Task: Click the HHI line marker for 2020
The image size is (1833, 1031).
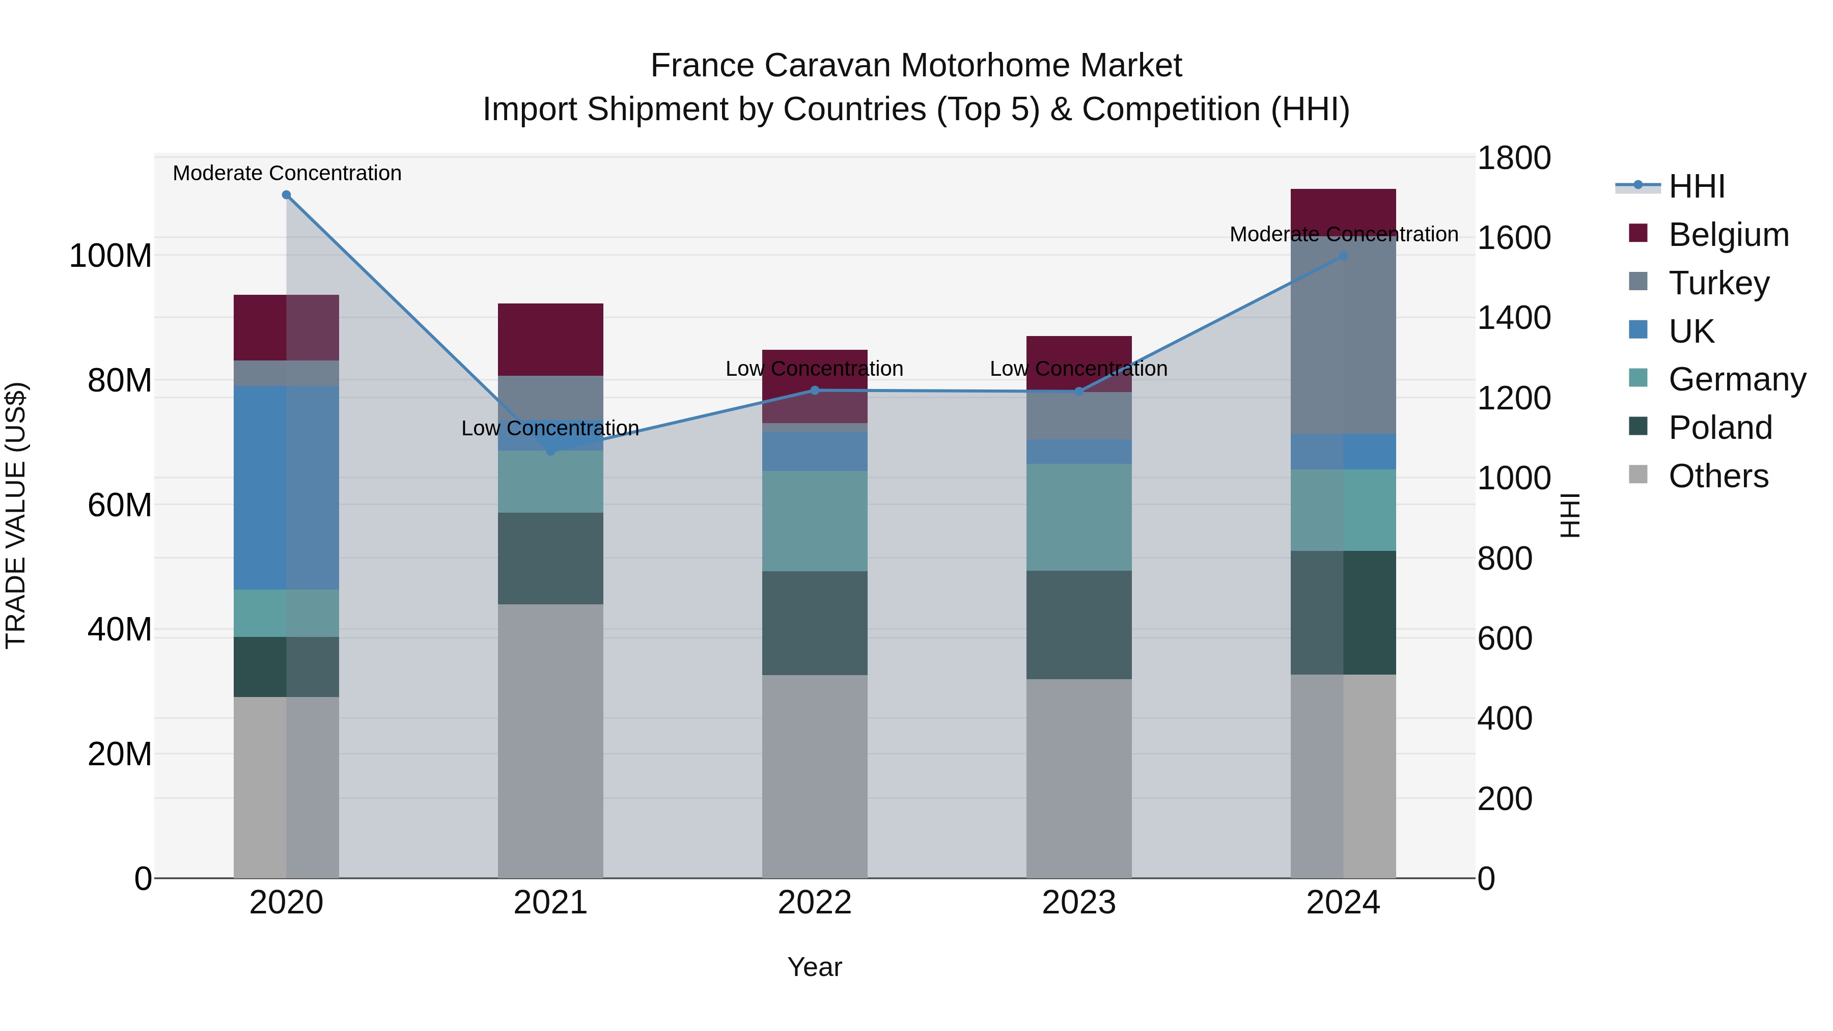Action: click(x=286, y=195)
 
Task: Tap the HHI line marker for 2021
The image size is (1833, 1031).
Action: click(x=550, y=451)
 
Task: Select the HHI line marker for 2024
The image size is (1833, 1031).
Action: click(x=1343, y=256)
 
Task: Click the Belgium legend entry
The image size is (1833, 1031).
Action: click(x=1728, y=235)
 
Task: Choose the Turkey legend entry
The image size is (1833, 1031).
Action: click(x=1718, y=283)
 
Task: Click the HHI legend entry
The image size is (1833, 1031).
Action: click(x=1697, y=186)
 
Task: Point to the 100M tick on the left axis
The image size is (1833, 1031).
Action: click(x=110, y=256)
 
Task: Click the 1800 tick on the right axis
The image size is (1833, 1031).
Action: click(x=1514, y=158)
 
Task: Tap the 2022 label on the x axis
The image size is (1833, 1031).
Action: click(x=814, y=903)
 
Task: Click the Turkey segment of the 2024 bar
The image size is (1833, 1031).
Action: click(x=1343, y=335)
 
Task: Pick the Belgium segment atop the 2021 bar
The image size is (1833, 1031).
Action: click(x=550, y=340)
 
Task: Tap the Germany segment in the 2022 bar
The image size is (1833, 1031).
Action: click(x=814, y=521)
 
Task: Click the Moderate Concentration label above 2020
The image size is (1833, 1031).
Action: click(x=287, y=174)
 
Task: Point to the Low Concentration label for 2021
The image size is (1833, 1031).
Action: click(x=550, y=428)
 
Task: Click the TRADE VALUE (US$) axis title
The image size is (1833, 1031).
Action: click(x=16, y=515)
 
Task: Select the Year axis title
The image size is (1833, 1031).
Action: click(x=814, y=967)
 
